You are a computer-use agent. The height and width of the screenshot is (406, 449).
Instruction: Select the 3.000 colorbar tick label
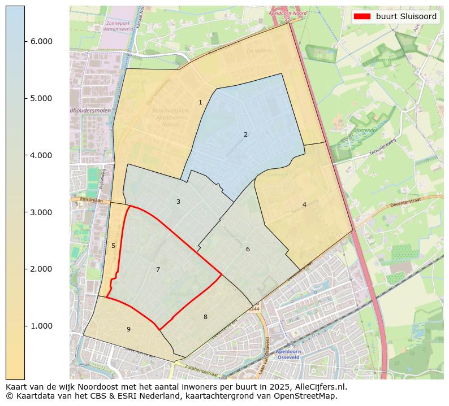41,212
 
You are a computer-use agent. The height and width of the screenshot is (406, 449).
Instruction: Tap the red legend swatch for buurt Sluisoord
362,16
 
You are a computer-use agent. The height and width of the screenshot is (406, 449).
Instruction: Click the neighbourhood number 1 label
200,102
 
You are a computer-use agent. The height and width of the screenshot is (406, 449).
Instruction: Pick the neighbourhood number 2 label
245,134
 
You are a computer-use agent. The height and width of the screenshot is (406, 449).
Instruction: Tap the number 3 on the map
178,202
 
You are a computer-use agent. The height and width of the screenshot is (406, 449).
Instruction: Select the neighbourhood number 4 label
304,204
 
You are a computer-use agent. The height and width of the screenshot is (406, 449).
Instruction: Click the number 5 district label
113,246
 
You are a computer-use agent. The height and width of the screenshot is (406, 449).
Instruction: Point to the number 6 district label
248,249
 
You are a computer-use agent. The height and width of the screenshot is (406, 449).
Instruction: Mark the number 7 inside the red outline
158,269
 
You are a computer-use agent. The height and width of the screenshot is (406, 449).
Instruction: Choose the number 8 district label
205,317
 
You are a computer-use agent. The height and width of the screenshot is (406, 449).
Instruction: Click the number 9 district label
128,329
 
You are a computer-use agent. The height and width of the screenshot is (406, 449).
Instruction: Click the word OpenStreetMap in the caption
308,396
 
